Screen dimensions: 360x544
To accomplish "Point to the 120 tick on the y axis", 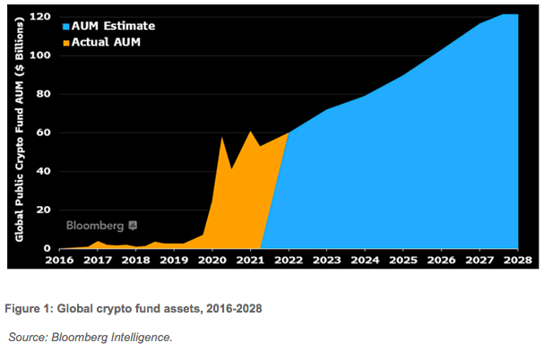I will (x=39, y=17).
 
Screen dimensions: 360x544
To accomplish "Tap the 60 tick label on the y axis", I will (x=42, y=133).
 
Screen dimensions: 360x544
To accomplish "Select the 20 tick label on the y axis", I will (x=42, y=210).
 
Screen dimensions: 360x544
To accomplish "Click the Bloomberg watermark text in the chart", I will (x=95, y=226).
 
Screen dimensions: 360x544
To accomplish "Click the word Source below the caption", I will (x=29, y=337).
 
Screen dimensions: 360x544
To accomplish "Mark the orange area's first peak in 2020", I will (x=221, y=137).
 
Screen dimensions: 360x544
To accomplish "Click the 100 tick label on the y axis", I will (x=39, y=56).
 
